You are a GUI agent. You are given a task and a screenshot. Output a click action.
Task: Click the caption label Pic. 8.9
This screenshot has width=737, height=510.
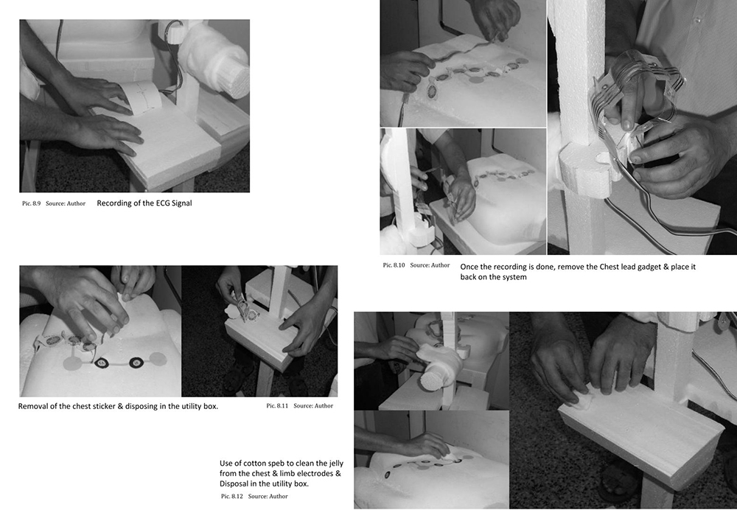point(31,203)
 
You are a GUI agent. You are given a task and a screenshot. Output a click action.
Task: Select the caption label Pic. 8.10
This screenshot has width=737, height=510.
point(394,265)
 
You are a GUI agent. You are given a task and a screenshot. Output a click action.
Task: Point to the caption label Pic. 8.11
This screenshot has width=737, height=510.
point(277,405)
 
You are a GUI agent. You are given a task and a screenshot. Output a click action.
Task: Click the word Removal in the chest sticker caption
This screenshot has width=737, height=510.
point(33,406)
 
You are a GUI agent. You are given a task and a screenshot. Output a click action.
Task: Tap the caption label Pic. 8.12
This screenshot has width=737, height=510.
point(231,496)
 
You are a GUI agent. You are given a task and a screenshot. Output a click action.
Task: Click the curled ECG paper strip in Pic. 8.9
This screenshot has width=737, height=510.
point(141,97)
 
